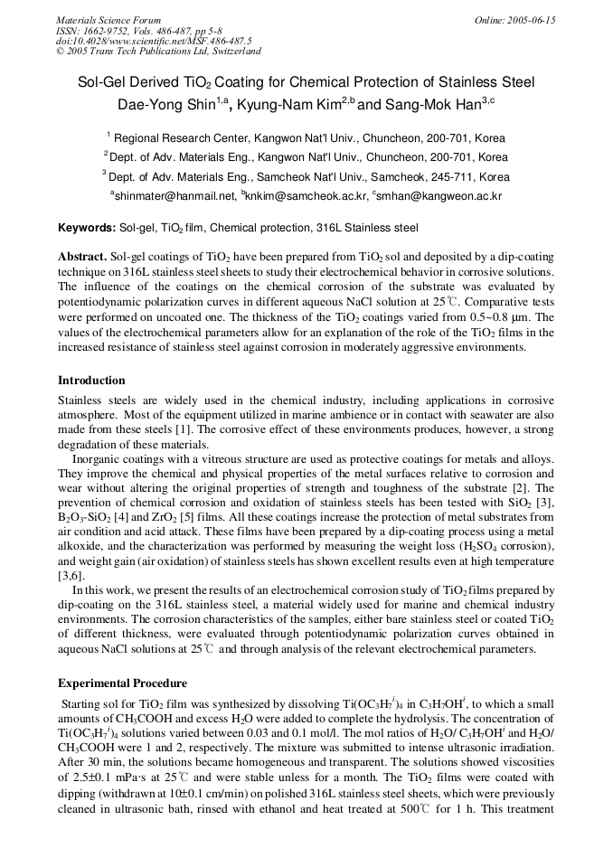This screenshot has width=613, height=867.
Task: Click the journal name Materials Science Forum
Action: tap(108, 20)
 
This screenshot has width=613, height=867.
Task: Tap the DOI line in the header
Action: tap(154, 42)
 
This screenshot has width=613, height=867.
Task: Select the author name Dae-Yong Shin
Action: tap(165, 104)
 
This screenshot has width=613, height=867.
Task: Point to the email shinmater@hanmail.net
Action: tap(174, 194)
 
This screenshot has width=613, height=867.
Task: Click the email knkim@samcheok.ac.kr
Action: tap(306, 194)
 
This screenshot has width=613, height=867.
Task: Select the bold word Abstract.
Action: tap(82, 257)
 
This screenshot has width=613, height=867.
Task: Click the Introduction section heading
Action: tap(91, 381)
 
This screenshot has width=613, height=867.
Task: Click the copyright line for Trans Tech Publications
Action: tap(158, 52)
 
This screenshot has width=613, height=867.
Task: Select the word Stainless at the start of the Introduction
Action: tap(81, 400)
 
